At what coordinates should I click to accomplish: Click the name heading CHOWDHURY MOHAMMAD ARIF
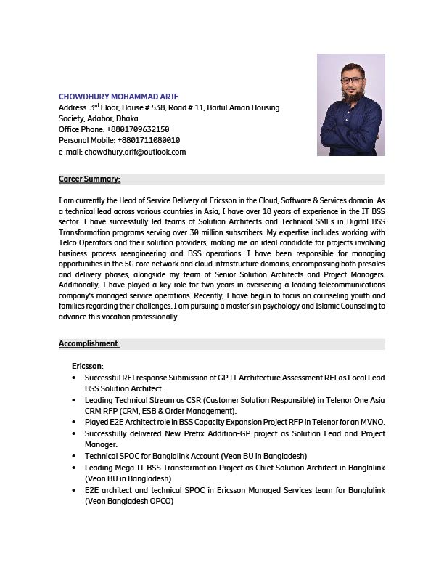click(x=118, y=97)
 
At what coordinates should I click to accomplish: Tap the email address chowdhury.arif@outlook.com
click(x=136, y=152)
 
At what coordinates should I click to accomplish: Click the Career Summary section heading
click(x=89, y=179)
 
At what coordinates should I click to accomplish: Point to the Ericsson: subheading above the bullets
click(x=88, y=366)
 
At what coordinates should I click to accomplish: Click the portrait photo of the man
click(x=351, y=105)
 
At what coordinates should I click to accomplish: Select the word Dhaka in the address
click(x=127, y=118)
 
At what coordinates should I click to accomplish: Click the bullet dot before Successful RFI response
click(x=75, y=378)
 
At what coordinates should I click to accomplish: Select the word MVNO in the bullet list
click(x=372, y=422)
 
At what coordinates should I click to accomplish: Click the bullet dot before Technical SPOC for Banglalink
click(x=75, y=456)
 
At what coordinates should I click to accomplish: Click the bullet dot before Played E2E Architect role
click(x=75, y=422)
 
